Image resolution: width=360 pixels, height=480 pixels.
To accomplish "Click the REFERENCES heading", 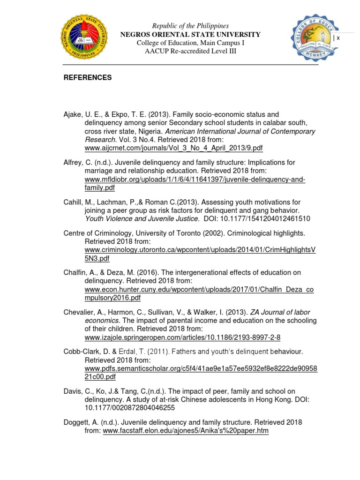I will [x=88, y=78].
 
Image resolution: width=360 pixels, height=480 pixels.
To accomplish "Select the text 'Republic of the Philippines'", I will [x=190, y=26].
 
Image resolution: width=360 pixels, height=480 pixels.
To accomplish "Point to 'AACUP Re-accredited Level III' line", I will [x=190, y=51].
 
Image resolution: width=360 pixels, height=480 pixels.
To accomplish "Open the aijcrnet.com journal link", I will [x=173, y=148].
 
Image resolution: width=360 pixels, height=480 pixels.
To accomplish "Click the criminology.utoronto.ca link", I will [x=200, y=250].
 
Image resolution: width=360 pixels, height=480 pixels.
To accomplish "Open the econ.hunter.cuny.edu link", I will [x=199, y=290].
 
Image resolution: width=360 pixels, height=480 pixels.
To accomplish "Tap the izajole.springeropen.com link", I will [x=182, y=337].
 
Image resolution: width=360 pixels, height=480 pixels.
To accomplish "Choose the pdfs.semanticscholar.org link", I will [x=201, y=369].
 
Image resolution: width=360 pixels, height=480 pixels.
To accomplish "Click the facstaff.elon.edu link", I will [x=186, y=431].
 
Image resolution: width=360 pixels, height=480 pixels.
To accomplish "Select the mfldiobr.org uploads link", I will [x=195, y=180].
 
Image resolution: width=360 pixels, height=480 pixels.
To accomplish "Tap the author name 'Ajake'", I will [x=73, y=114].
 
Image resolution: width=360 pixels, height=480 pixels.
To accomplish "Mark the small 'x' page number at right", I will [x=337, y=38].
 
